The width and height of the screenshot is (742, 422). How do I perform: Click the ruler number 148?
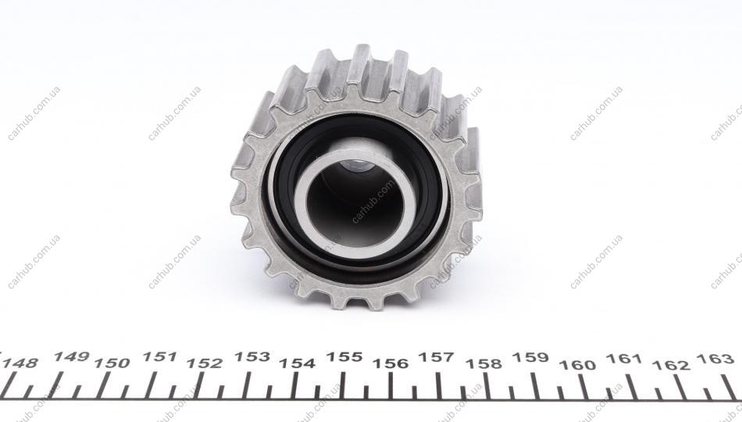pyautogui.click(x=21, y=363)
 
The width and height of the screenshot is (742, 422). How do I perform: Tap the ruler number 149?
pyautogui.click(x=71, y=356)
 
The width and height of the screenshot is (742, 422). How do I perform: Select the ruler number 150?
pyautogui.click(x=112, y=363)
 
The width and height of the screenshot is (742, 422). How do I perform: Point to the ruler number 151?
pyautogui.click(x=159, y=356)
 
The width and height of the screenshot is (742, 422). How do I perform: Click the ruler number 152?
pyautogui.click(x=205, y=363)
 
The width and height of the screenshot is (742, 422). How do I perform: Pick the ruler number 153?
pyautogui.click(x=252, y=356)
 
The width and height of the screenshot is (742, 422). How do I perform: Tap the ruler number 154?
pyautogui.click(x=297, y=363)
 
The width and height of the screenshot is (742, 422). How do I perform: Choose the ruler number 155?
pyautogui.click(x=344, y=356)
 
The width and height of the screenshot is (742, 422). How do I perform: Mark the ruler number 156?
pyautogui.click(x=391, y=363)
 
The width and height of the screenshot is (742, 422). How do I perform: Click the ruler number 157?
pyautogui.click(x=437, y=356)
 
